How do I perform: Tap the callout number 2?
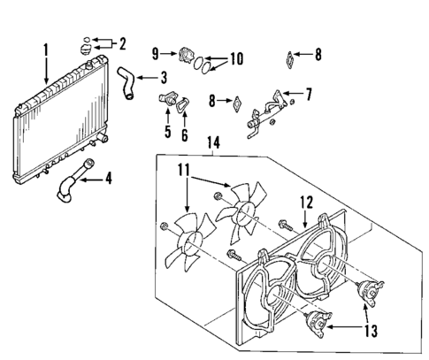click(122, 42)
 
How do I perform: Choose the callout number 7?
click(309, 92)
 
